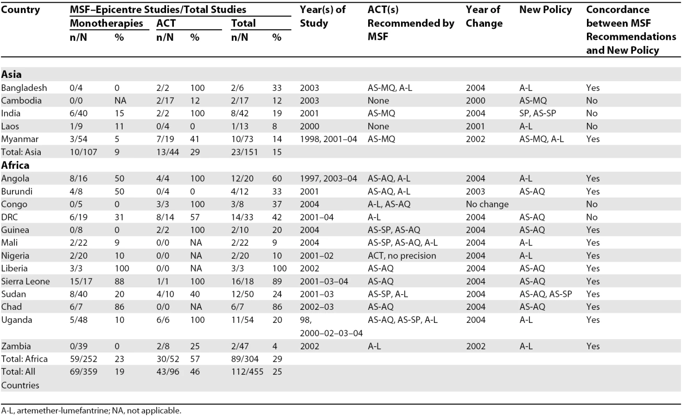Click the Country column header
click(20, 10)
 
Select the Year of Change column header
click(484, 16)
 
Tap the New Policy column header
click(546, 10)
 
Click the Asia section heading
click(11, 74)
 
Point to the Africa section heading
click(15, 165)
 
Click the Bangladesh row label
click(24, 88)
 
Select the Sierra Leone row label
click(25, 281)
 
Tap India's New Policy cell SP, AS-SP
click(538, 113)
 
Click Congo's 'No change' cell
click(487, 204)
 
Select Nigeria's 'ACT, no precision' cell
click(402, 256)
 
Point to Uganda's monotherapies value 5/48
click(78, 320)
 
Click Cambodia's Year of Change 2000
click(476, 100)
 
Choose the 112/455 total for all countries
click(247, 371)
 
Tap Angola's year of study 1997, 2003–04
click(328, 179)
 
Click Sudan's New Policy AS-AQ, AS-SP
click(546, 294)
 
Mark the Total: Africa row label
click(25, 359)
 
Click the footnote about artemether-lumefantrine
click(91, 411)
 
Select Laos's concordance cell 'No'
click(592, 126)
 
